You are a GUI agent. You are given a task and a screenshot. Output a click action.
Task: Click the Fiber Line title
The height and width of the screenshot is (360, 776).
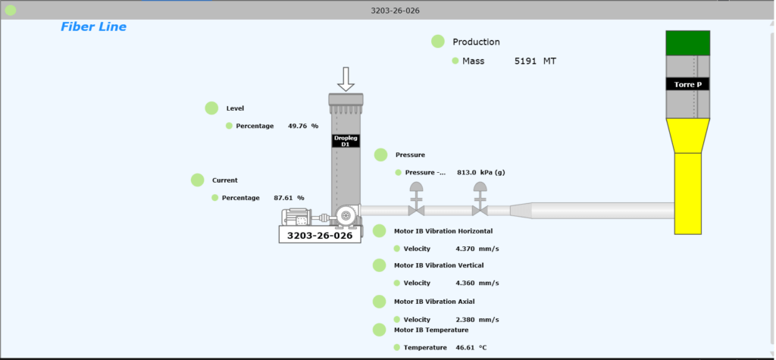click(x=93, y=27)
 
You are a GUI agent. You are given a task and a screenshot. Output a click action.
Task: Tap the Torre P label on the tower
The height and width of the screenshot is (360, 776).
click(x=687, y=84)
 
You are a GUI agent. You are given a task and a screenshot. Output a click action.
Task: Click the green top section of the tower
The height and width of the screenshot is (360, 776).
click(x=687, y=43)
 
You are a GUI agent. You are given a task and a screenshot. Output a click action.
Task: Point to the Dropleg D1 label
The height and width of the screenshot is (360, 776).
click(x=346, y=140)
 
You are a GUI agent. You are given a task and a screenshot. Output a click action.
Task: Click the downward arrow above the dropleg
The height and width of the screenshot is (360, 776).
click(x=346, y=78)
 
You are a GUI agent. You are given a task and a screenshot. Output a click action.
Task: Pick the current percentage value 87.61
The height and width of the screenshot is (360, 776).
click(x=283, y=198)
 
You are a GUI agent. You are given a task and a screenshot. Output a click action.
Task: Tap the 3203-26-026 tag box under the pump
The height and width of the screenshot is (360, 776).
click(x=320, y=236)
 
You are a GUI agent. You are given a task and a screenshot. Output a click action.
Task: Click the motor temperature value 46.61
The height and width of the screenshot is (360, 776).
click(x=465, y=347)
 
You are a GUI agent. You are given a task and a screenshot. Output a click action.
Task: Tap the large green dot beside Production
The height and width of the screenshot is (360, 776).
click(x=438, y=42)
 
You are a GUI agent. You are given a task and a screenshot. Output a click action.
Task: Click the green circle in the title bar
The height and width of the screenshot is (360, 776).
click(x=11, y=11)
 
